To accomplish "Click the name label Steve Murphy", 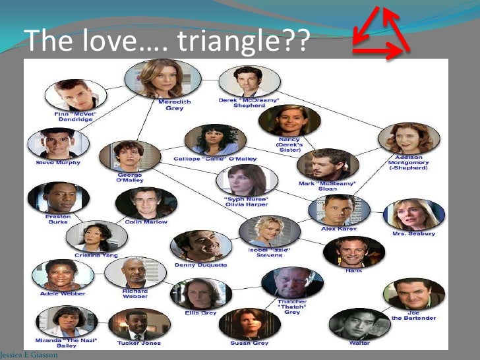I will [58, 162].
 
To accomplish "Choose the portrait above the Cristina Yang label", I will [97, 235].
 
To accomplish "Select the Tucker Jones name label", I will [139, 343].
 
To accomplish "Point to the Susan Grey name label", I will [249, 343].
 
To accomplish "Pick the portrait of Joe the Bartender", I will [413, 294].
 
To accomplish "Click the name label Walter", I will [359, 343].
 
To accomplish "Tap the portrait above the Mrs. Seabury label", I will [413, 214].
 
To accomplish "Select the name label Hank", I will [354, 270].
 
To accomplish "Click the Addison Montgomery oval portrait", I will [409, 138].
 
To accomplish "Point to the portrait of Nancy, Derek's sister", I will [289, 120].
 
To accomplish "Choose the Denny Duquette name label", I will [201, 264].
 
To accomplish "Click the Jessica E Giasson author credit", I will [29, 355].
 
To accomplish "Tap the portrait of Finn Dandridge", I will [76, 94].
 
